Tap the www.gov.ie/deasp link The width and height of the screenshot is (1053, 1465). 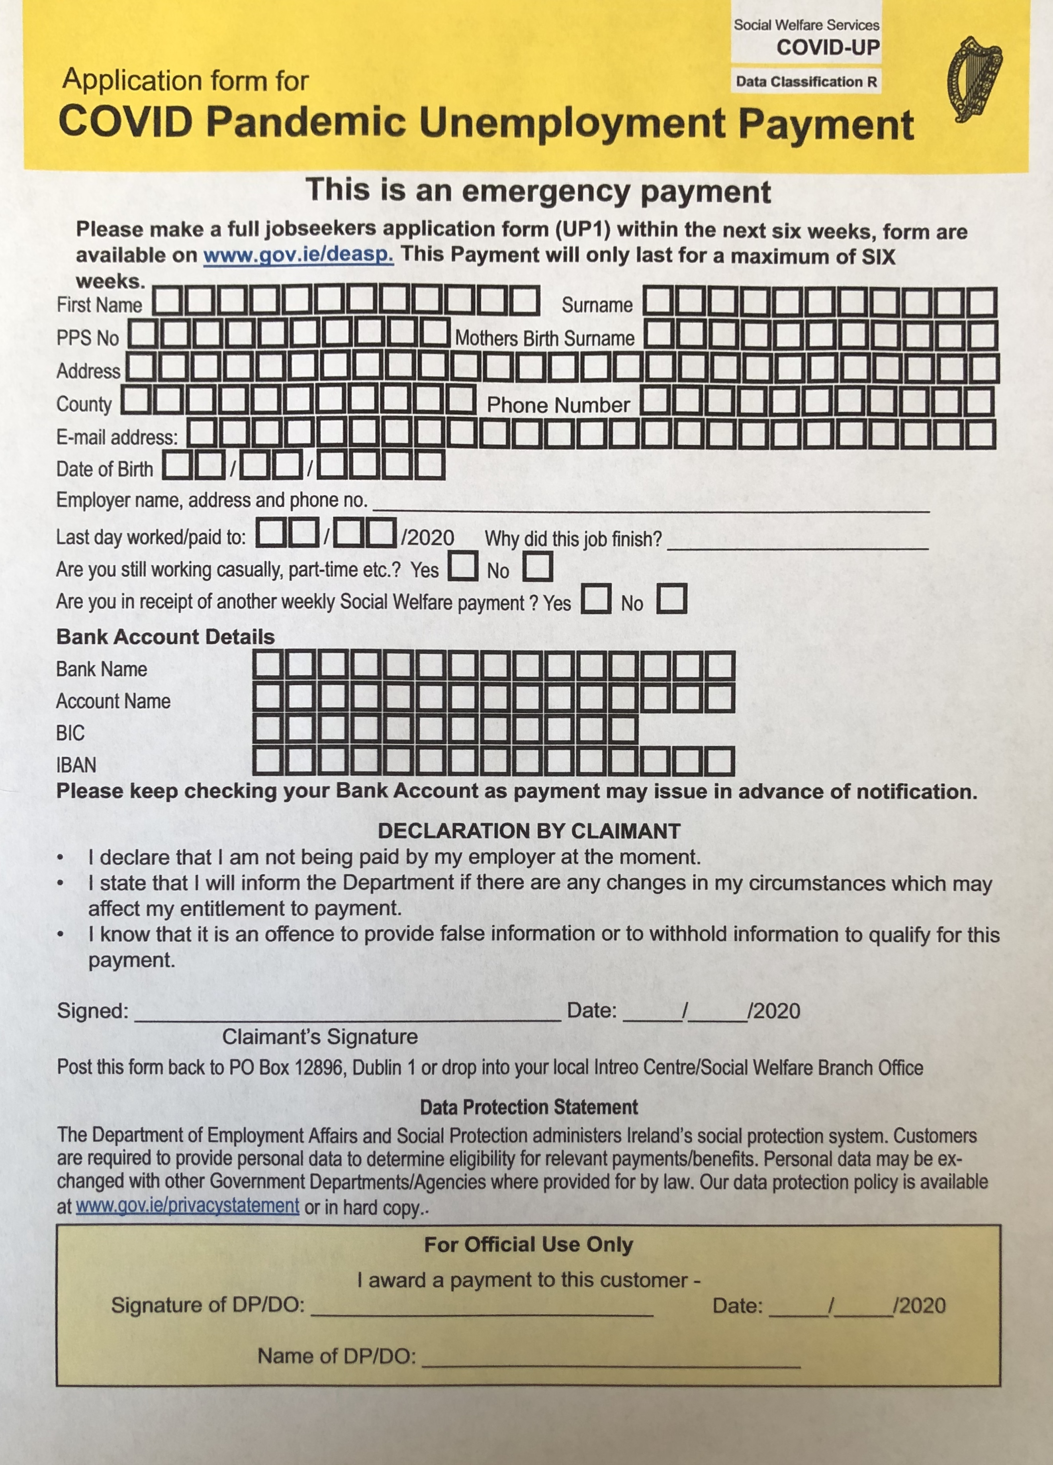(298, 255)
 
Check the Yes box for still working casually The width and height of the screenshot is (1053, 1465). (463, 567)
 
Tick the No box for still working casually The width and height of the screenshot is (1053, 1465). (537, 567)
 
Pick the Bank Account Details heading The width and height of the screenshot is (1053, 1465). (165, 637)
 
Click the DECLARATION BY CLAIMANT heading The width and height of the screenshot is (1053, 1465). (529, 832)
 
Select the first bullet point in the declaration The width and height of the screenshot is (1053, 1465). (60, 859)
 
